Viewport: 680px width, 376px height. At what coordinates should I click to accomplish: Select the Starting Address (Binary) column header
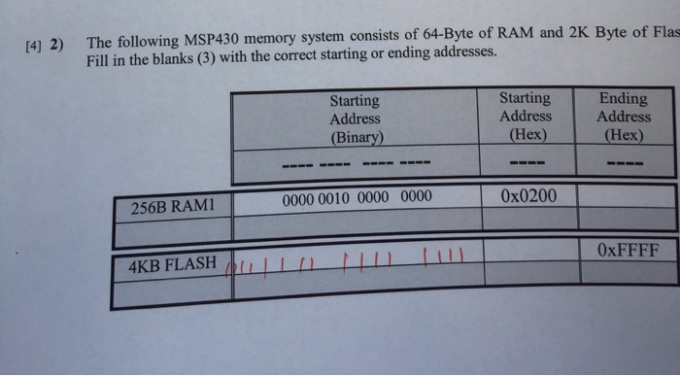(x=355, y=118)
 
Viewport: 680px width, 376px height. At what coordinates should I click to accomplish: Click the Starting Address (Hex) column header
(x=525, y=116)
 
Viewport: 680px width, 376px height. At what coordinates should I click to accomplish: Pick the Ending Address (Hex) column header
(x=623, y=116)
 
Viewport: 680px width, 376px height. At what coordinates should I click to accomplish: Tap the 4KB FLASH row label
(x=172, y=263)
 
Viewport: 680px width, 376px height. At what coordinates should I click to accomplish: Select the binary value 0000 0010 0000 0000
(x=357, y=198)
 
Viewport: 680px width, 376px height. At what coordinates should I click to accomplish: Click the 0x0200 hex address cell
(x=528, y=196)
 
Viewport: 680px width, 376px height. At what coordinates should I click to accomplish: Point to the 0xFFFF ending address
(x=627, y=250)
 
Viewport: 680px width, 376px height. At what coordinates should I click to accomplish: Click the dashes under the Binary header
(x=355, y=161)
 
